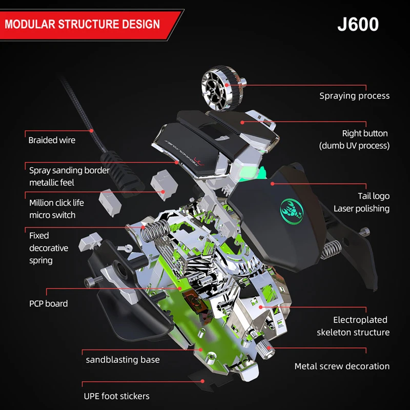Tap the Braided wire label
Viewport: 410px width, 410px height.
(52, 140)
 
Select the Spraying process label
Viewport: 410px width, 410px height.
(354, 96)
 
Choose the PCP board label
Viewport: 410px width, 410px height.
(48, 303)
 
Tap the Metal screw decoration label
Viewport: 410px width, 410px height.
(342, 366)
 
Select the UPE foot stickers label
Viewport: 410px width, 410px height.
(116, 396)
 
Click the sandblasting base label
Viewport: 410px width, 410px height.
(122, 360)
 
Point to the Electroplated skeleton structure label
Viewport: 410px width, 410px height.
(353, 326)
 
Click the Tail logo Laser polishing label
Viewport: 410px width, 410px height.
(361, 202)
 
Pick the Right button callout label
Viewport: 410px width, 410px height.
(355, 139)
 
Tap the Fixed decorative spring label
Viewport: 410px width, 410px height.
(48, 248)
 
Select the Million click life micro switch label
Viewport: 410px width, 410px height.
(56, 209)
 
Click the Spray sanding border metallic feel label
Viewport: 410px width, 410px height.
(69, 176)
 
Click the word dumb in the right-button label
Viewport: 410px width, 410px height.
(335, 146)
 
